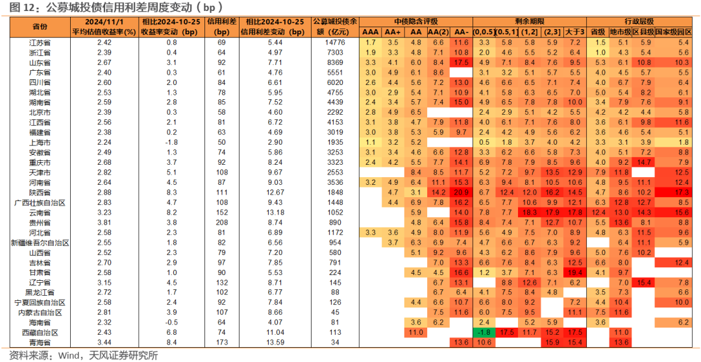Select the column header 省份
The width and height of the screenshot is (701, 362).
tap(39, 27)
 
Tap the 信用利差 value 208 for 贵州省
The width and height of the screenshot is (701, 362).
tap(221, 222)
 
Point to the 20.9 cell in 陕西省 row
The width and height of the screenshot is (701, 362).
tap(460, 193)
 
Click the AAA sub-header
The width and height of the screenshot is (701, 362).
tap(370, 32)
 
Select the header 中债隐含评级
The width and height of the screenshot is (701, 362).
tap(416, 21)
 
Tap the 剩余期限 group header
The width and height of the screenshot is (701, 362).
tap(530, 21)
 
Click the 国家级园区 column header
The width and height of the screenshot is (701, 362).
tap(673, 32)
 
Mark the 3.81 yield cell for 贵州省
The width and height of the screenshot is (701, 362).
tap(104, 222)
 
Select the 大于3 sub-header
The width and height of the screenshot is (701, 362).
tap(574, 32)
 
